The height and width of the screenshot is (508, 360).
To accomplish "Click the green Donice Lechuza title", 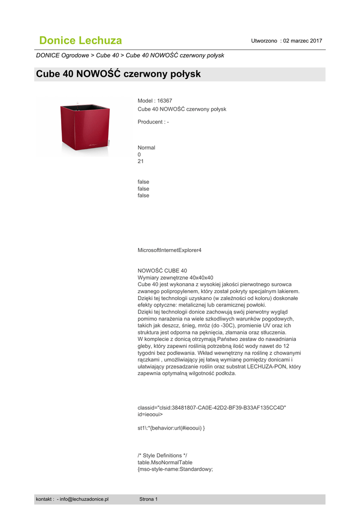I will [x=80, y=40].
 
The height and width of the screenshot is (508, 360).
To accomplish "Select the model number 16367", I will [x=164, y=100].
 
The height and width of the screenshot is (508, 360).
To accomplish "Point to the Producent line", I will [x=153, y=122].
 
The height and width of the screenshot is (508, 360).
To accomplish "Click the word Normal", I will [x=146, y=147].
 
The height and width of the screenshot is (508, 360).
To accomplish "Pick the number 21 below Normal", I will [x=141, y=161].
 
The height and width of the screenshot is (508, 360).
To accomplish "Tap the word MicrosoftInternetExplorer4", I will [x=169, y=250].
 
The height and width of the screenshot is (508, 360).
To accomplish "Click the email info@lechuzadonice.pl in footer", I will [x=83, y=499].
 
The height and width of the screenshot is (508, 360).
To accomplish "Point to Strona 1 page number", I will [x=148, y=499].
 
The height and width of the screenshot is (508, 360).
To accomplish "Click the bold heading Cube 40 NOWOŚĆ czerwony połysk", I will [x=118, y=74].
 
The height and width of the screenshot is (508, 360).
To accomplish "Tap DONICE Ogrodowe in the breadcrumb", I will [x=63, y=55].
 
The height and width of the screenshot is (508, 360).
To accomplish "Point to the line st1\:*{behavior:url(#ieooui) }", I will [x=171, y=428].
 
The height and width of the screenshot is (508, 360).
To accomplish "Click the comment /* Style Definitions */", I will [x=162, y=455].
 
